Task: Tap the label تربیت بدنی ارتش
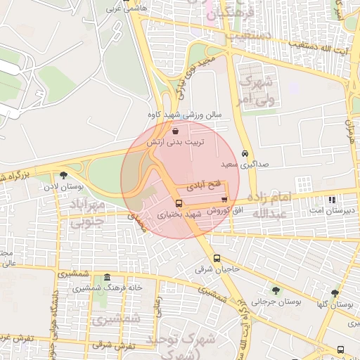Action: point(175,142)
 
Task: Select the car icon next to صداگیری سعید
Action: point(245,153)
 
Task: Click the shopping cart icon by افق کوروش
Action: point(224,200)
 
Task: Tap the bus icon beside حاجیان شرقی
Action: point(217,258)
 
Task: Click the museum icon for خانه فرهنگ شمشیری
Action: point(106,278)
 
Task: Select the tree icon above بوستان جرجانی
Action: point(275,290)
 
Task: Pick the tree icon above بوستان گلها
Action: point(334,293)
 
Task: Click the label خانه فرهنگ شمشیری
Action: point(106,288)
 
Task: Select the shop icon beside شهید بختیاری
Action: point(177,202)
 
